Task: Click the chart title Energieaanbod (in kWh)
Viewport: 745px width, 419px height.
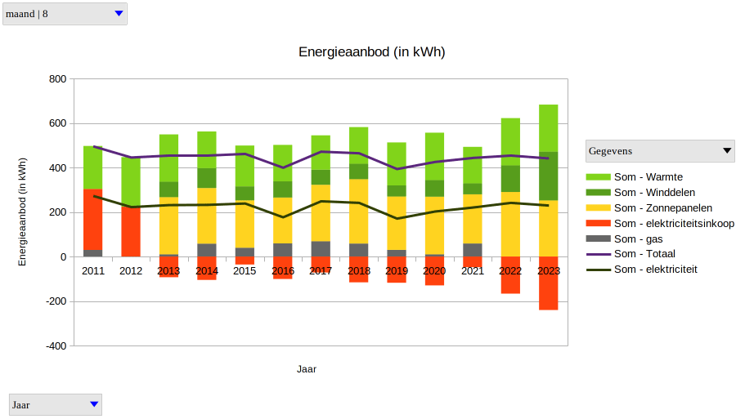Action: tap(371, 52)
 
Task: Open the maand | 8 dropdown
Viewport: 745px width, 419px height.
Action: tap(65, 14)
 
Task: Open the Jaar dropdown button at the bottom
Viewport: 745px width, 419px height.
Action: tap(56, 404)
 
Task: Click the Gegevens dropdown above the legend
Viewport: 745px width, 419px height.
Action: tap(660, 151)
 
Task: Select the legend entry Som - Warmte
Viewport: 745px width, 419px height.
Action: tap(648, 177)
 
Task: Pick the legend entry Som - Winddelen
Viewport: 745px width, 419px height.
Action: tap(654, 193)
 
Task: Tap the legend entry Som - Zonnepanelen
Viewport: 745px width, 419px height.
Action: tap(662, 208)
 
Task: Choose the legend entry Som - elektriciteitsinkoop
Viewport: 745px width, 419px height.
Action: tap(674, 224)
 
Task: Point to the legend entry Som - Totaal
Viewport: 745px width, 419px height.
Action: tap(644, 254)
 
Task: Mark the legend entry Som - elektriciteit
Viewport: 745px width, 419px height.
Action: tap(655, 270)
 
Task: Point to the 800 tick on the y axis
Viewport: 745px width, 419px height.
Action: tap(57, 79)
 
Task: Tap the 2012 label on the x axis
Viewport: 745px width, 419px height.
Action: tap(131, 270)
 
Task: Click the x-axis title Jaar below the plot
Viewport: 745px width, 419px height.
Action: tap(307, 369)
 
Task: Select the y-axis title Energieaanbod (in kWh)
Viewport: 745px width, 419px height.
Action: tap(23, 212)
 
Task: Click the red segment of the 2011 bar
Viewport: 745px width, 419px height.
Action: tap(93, 219)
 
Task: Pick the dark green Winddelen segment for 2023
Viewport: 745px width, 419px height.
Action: tap(548, 176)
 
